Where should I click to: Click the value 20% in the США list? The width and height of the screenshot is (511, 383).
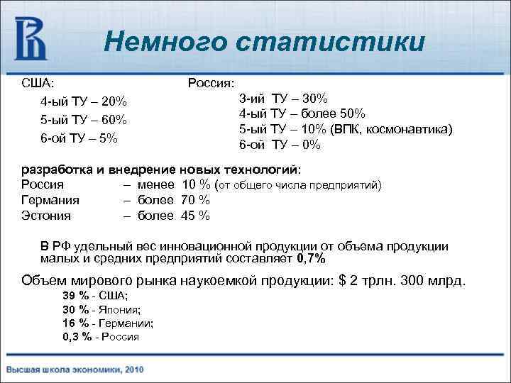114,101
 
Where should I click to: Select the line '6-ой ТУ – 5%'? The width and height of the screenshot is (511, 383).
79,138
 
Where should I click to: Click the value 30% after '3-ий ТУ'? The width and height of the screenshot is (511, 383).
313,99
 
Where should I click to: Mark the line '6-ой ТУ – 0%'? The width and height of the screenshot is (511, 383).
280,145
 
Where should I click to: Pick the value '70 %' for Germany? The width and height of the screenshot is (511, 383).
193,201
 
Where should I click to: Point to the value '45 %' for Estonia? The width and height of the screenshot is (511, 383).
193,216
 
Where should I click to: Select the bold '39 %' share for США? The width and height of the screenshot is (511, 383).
76,296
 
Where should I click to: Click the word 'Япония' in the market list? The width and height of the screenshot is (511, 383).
120,309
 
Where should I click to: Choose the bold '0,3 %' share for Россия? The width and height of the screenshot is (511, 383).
77,337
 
